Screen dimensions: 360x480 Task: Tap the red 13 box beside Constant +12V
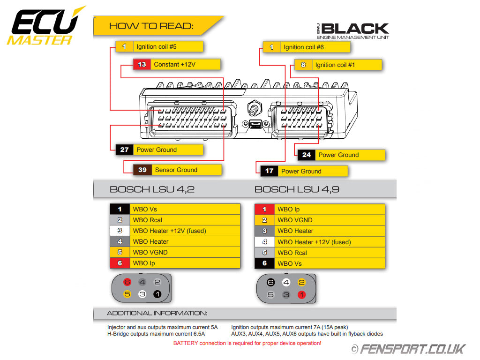(142, 65)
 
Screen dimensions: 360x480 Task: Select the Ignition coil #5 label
(156, 47)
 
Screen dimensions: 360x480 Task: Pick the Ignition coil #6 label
(304, 47)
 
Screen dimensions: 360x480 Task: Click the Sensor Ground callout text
(176, 170)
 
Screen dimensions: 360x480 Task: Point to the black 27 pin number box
(124, 150)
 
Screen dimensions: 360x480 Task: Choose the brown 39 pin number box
(142, 170)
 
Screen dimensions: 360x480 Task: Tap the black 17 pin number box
(269, 171)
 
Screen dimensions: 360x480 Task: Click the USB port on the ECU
(255, 124)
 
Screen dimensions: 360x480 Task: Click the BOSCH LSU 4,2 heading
(152, 189)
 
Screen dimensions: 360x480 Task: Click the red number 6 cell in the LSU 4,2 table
(120, 263)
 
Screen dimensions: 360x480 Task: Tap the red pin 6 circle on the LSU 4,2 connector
(127, 283)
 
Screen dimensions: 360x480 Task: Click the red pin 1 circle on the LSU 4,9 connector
(301, 295)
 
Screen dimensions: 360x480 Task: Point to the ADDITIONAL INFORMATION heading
(157, 313)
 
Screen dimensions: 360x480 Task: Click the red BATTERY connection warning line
(247, 344)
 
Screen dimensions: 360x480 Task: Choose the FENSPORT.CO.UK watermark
(409, 349)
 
